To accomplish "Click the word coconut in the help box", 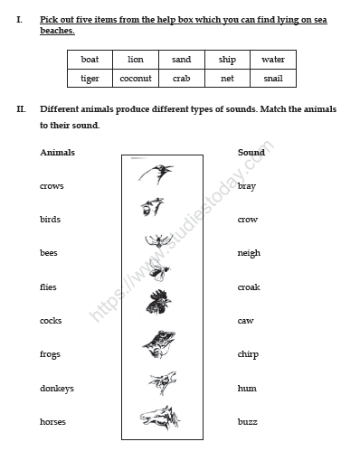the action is pyautogui.click(x=136, y=79).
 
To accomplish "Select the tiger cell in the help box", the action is pyautogui.click(x=90, y=79).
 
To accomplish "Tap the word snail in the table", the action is pyautogui.click(x=273, y=79).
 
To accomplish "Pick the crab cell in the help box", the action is pyautogui.click(x=181, y=79).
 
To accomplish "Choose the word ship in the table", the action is pyautogui.click(x=227, y=60).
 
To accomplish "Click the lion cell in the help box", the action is pyautogui.click(x=136, y=60).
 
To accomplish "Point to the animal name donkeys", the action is pyautogui.click(x=57, y=389).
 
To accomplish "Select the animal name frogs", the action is pyautogui.click(x=50, y=354).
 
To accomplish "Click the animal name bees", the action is pyautogui.click(x=49, y=253).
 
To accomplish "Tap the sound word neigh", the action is pyautogui.click(x=249, y=253).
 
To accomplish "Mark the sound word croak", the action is pyautogui.click(x=249, y=287).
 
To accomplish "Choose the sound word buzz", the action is pyautogui.click(x=246, y=422).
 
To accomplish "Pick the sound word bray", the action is pyautogui.click(x=246, y=186).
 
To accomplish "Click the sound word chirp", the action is pyautogui.click(x=248, y=354).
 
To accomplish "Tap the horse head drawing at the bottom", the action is pyautogui.click(x=159, y=418).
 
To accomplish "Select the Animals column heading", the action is pyautogui.click(x=58, y=153).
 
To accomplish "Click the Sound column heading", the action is pyautogui.click(x=251, y=153).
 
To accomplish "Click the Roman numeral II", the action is pyautogui.click(x=21, y=109).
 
